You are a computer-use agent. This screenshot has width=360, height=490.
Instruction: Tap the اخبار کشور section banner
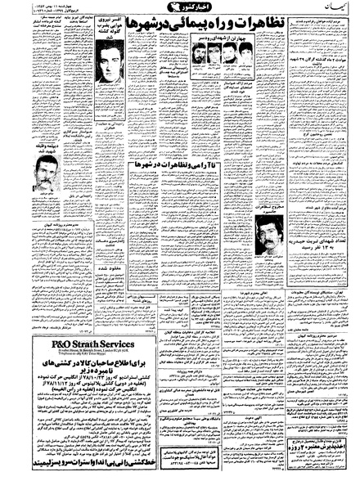179,18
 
